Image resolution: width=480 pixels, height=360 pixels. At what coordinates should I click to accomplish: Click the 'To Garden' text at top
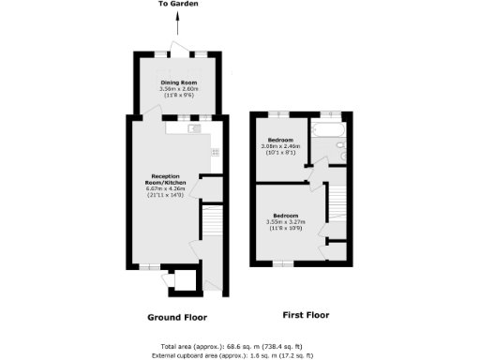tap(177, 5)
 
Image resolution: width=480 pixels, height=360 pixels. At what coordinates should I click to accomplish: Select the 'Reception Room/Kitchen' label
tap(167, 179)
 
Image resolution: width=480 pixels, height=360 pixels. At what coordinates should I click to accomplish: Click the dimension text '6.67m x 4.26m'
tap(167, 189)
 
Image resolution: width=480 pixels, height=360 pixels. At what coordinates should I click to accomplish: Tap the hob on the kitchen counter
tap(215, 152)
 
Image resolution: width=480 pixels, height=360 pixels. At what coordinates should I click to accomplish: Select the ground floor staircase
tap(212, 222)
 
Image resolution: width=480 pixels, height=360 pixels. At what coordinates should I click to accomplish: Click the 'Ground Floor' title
tap(177, 317)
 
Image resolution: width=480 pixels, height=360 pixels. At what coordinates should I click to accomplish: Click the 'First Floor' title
tap(306, 315)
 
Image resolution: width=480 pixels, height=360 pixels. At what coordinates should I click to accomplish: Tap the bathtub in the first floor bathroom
tap(329, 130)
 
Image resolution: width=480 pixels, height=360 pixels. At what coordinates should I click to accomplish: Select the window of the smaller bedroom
tap(278, 114)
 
